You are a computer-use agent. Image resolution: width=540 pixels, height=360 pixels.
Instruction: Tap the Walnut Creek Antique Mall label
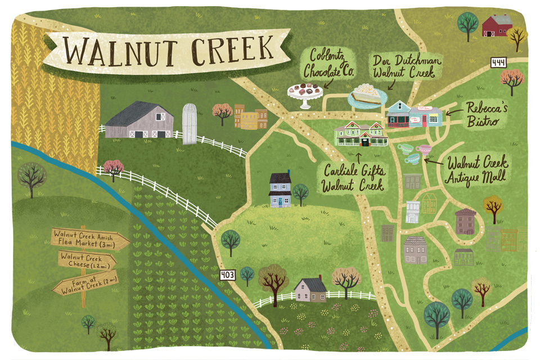pos(478,169)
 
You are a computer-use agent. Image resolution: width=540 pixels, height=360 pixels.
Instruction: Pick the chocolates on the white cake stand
pos(304,90)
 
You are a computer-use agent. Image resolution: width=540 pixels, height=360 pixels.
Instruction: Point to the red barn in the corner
pos(497,26)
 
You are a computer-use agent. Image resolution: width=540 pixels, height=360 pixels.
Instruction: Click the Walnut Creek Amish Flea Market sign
pos(90,238)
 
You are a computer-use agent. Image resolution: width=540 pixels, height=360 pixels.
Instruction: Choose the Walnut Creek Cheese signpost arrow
pos(87,260)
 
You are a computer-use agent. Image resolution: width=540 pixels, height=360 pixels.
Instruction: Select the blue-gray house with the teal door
pos(280,190)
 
